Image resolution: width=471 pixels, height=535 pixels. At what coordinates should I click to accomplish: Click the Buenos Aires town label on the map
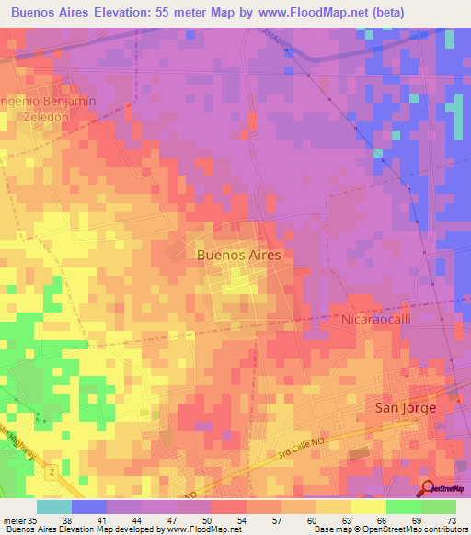[238, 256]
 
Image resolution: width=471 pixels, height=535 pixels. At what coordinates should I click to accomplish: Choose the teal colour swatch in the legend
[53, 507]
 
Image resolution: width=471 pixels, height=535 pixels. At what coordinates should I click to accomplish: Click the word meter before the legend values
[12, 519]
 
